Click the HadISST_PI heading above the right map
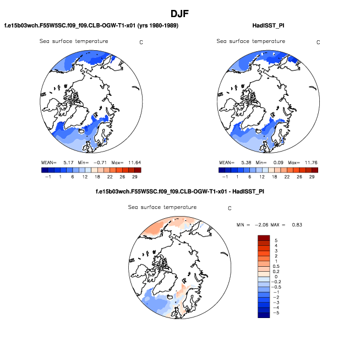click(266, 25)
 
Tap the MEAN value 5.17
click(69, 163)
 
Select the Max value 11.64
click(132, 163)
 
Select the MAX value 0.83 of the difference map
click(296, 225)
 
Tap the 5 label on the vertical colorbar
click(276, 241)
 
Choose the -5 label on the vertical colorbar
click(277, 312)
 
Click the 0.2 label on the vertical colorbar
click(277, 272)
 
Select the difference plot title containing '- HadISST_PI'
click(180, 192)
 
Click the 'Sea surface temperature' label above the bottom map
click(162, 207)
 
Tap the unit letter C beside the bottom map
click(230, 208)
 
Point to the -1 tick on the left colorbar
click(46, 177)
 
